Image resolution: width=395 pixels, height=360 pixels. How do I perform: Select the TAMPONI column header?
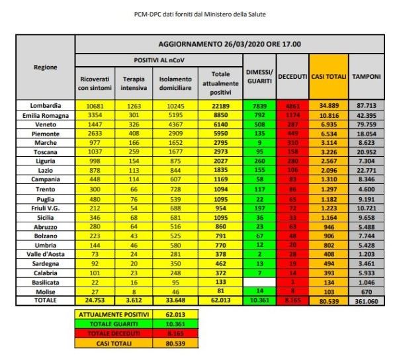click(x=365, y=77)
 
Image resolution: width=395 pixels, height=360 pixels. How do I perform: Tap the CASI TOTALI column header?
click(x=328, y=77)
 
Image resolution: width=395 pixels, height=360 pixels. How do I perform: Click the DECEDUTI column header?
click(x=292, y=77)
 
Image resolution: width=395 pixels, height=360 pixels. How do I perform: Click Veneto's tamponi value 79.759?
click(x=365, y=124)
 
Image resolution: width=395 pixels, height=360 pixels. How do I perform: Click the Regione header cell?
click(x=46, y=67)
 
